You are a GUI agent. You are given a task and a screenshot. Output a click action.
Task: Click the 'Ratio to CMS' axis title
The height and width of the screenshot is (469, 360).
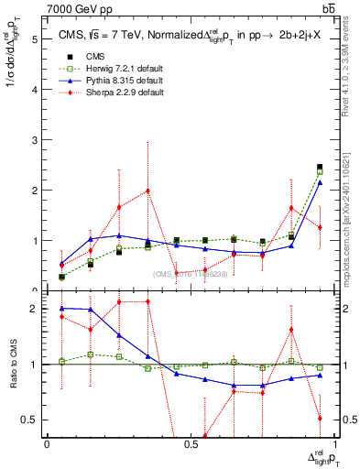click(x=13, y=366)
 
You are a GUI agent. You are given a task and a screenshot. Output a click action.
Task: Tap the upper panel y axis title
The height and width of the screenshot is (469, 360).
click(x=13, y=101)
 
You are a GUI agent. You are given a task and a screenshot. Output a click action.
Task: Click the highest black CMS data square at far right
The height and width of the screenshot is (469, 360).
click(x=319, y=167)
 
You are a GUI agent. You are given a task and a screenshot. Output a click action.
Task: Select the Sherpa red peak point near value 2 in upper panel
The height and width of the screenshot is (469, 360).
click(x=147, y=191)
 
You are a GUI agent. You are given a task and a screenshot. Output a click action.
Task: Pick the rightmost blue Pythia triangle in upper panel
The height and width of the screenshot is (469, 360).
click(x=319, y=182)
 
